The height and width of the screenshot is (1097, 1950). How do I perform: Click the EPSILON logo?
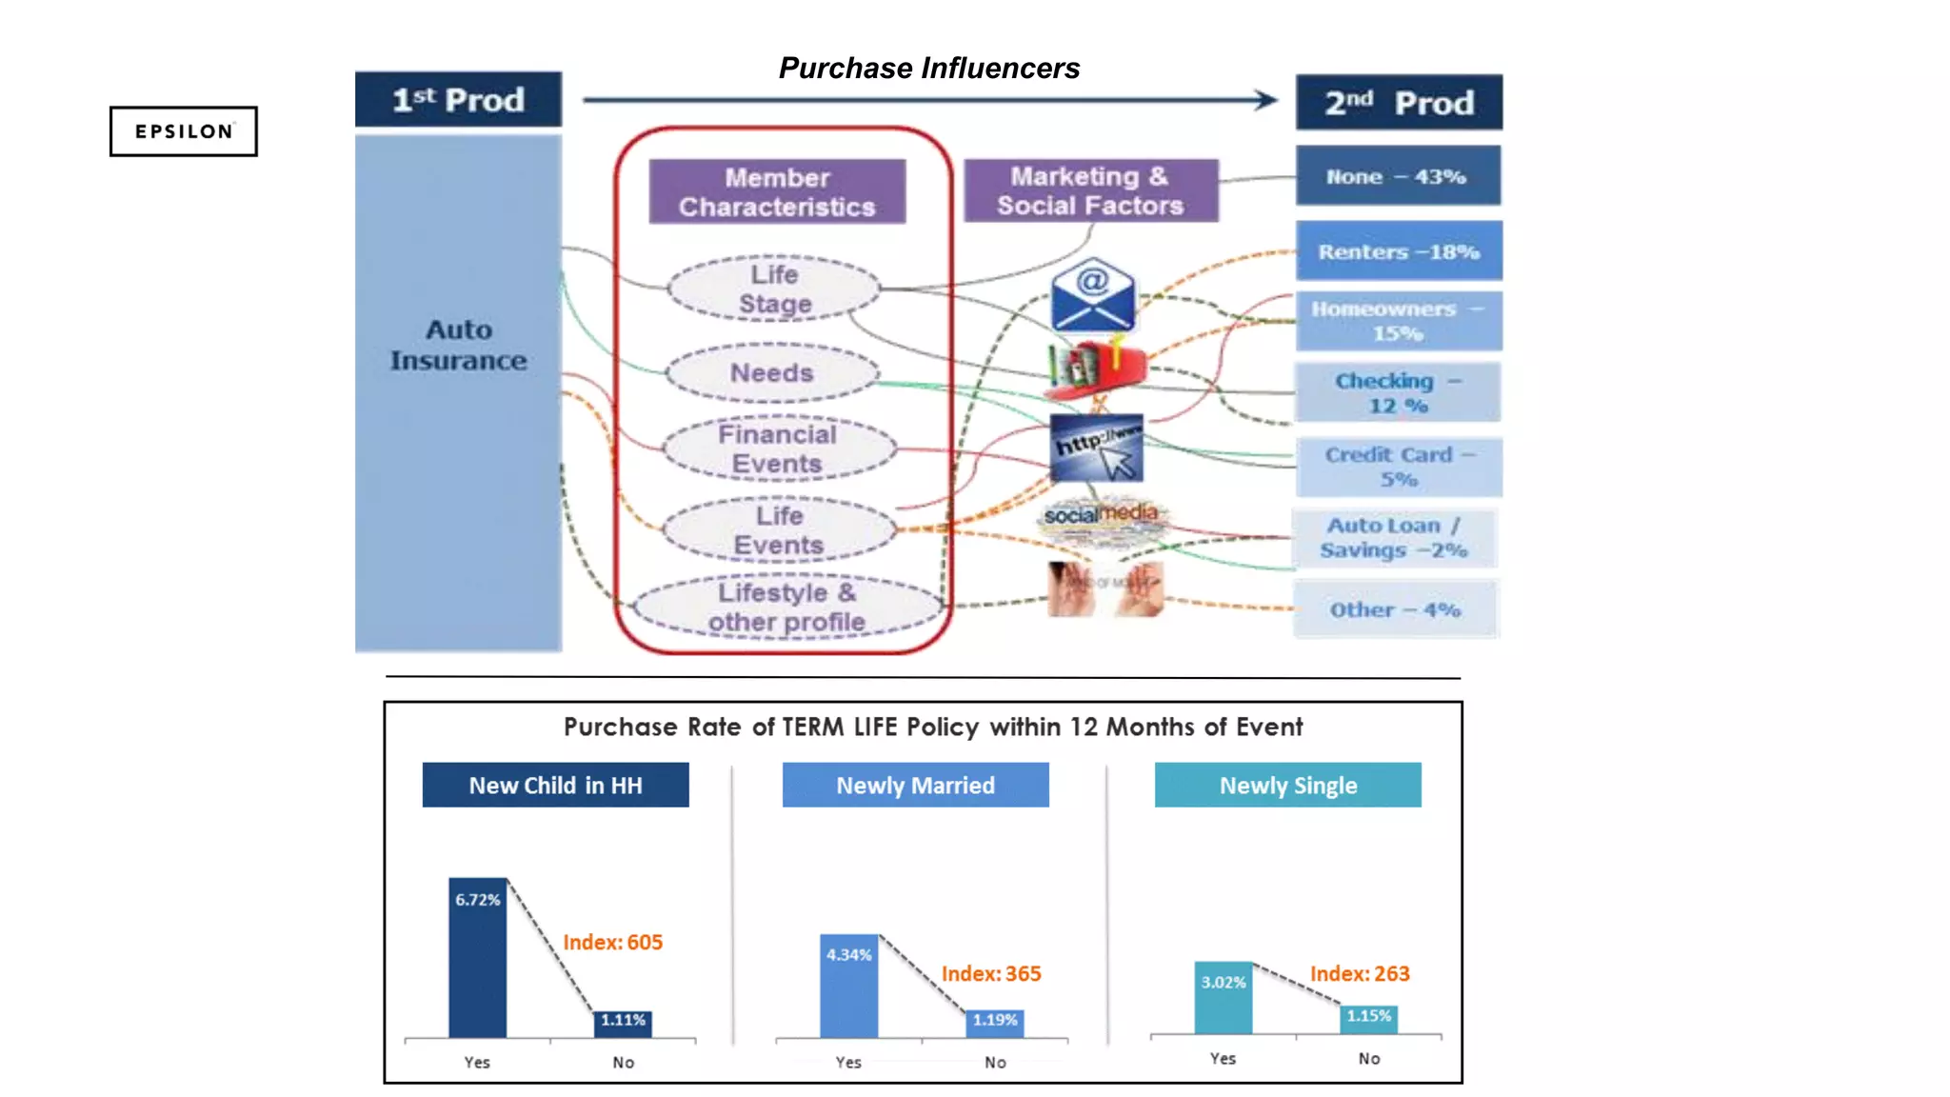pos(183,131)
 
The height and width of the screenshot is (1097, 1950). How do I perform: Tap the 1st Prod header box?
pos(458,99)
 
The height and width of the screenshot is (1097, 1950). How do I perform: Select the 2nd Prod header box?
pos(1399,102)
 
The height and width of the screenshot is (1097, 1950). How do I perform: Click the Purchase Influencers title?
pos(928,68)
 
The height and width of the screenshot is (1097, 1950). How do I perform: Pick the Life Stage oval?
pos(773,289)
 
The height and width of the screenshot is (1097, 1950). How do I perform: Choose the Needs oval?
pos(771,372)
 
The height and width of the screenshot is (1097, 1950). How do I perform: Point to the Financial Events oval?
pos(778,449)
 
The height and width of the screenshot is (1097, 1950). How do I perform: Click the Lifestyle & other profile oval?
pos(786,607)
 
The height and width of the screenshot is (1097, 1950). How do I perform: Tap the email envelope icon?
pos(1092,294)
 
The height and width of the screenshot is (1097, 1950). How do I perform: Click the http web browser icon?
pos(1096,448)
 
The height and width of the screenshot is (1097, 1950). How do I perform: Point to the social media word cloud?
pos(1101,520)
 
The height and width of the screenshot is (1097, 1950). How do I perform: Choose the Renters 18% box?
pos(1398,251)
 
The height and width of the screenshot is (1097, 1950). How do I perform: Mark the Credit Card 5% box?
pos(1398,467)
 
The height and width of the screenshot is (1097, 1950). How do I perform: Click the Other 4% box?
pos(1395,609)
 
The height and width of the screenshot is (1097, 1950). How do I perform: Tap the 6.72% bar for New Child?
pos(477,957)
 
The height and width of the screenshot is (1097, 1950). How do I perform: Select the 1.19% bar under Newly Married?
pos(995,1024)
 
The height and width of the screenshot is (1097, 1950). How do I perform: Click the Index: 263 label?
pos(1359,973)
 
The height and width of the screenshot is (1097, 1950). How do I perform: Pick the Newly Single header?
pos(1287,785)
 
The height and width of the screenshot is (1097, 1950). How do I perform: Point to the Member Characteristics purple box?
pos(777,191)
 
